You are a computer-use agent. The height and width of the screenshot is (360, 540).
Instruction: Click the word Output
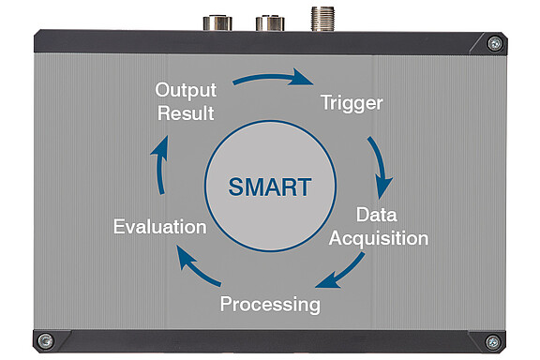coord(186,90)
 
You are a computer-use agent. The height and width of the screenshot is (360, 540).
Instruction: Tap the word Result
coord(186,113)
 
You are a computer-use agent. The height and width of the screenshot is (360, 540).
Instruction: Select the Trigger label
coord(352,103)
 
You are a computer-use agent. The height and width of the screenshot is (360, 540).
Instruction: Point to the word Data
coord(377,215)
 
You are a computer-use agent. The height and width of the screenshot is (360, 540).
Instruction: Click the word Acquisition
coord(379,239)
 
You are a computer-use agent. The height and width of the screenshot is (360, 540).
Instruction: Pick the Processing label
coord(270,305)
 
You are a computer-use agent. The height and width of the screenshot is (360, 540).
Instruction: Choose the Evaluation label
coord(159,227)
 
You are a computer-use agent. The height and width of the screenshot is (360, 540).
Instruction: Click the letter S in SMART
coord(236,187)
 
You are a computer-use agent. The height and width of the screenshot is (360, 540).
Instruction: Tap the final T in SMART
coord(304,187)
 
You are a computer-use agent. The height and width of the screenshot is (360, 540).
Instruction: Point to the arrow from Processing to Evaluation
coord(196,268)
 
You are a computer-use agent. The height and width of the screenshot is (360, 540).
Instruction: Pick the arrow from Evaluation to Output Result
coord(159,165)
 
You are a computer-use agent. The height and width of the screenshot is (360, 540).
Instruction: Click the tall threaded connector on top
coord(322,19)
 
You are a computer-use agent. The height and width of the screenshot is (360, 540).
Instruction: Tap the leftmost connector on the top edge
coord(217,22)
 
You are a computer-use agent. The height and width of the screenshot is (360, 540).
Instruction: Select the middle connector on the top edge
coord(270,23)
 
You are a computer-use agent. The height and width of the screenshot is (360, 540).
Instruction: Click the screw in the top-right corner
coord(495,43)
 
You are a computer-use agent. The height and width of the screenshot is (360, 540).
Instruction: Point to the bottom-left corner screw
coord(45,341)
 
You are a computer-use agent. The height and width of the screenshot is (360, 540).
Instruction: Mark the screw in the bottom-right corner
coord(492,342)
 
